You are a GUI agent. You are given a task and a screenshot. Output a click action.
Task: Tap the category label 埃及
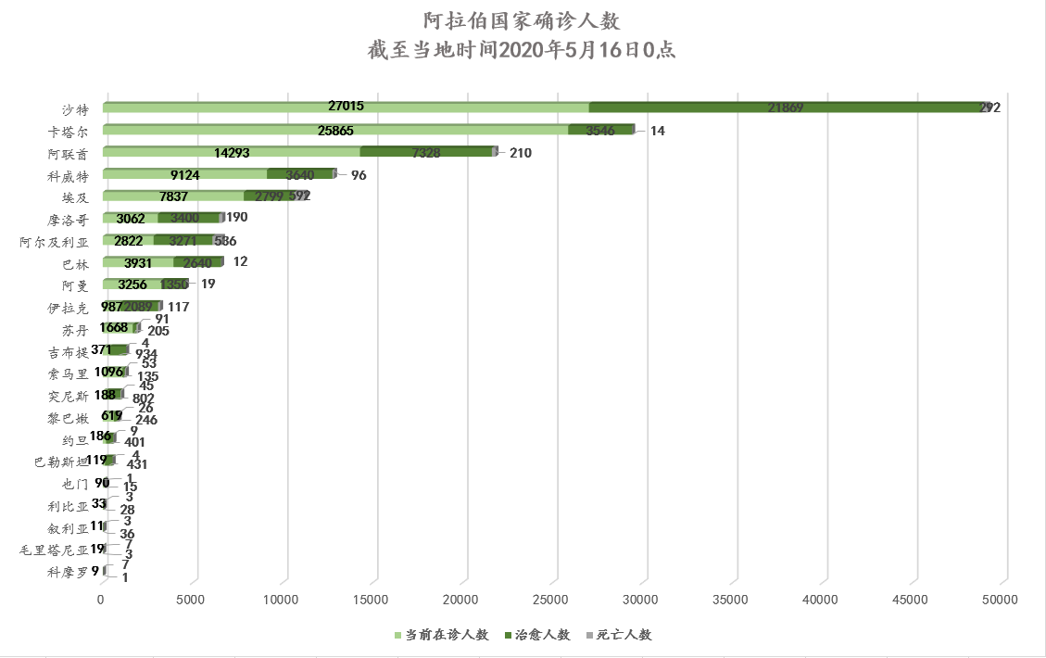[75, 197]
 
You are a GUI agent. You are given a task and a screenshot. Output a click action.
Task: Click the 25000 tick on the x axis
[550, 601]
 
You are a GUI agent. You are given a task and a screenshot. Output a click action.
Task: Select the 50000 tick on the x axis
[1001, 601]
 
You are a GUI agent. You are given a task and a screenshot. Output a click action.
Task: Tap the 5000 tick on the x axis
[191, 601]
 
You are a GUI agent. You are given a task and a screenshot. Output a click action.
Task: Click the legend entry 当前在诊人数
[443, 635]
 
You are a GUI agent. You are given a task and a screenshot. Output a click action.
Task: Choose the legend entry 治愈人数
[537, 635]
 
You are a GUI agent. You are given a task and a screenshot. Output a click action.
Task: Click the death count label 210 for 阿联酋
[520, 153]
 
